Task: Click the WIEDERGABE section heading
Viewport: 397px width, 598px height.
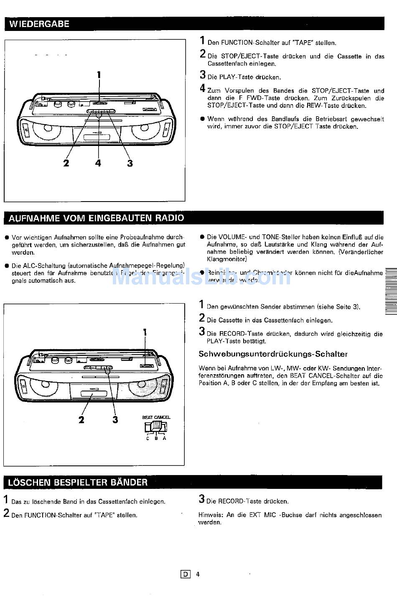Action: (39, 24)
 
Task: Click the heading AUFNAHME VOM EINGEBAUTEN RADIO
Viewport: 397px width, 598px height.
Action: (96, 218)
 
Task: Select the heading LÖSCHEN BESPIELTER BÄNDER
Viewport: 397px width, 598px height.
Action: (78, 482)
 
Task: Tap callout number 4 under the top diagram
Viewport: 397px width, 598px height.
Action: (98, 163)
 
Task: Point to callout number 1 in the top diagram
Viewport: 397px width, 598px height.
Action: (99, 75)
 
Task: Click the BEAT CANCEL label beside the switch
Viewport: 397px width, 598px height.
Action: (156, 417)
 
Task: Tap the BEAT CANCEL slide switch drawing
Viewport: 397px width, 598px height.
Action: (156, 426)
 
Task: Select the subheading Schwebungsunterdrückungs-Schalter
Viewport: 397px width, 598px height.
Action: (273, 354)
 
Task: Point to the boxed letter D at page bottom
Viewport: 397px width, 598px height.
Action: (185, 574)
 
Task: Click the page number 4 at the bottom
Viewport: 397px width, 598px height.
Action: (198, 574)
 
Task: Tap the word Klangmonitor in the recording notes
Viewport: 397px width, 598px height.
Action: (227, 259)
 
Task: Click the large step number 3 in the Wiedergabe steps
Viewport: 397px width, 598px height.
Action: (203, 75)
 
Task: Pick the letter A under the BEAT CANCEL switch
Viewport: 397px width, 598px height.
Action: (165, 438)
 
